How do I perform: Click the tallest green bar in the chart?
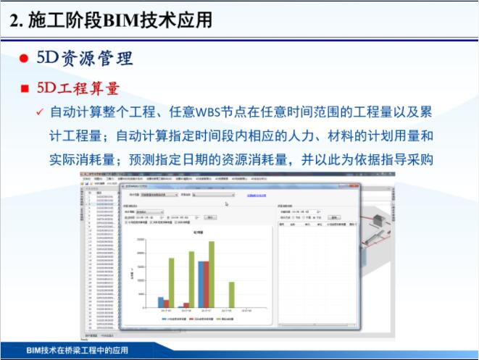(212, 275)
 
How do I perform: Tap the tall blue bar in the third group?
(201, 285)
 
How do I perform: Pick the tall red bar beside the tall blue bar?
(207, 285)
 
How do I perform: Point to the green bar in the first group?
(172, 283)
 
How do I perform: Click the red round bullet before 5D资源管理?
(23, 59)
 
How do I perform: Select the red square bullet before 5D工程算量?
(25, 88)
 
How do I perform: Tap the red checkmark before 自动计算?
(40, 113)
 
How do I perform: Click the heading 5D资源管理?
(85, 58)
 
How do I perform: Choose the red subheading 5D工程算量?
(78, 88)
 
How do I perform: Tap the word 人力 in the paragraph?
(307, 135)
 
